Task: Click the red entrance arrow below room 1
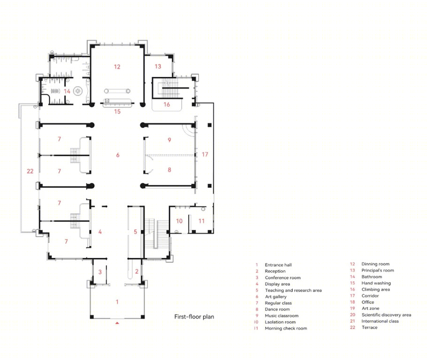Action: coord(117,323)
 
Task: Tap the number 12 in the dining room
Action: coord(117,67)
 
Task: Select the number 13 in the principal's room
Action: coord(158,67)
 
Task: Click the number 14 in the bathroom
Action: coord(67,91)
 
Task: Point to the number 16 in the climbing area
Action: coord(167,105)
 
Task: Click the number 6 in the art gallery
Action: coord(118,155)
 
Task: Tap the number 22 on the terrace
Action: coord(30,171)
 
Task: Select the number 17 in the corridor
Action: coord(205,155)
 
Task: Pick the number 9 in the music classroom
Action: coord(169,140)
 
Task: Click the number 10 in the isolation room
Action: coord(179,221)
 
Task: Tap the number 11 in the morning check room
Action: coord(201,221)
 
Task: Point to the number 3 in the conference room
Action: coord(100,272)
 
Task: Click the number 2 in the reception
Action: coord(137,271)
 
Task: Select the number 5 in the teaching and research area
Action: coord(135,232)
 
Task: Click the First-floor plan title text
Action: coord(194,317)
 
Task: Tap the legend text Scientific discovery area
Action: coord(386,315)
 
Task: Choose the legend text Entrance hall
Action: coord(278,265)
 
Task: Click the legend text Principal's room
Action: coord(377,270)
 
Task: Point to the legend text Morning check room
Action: coord(286,329)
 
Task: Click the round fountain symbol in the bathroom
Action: coord(77,91)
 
